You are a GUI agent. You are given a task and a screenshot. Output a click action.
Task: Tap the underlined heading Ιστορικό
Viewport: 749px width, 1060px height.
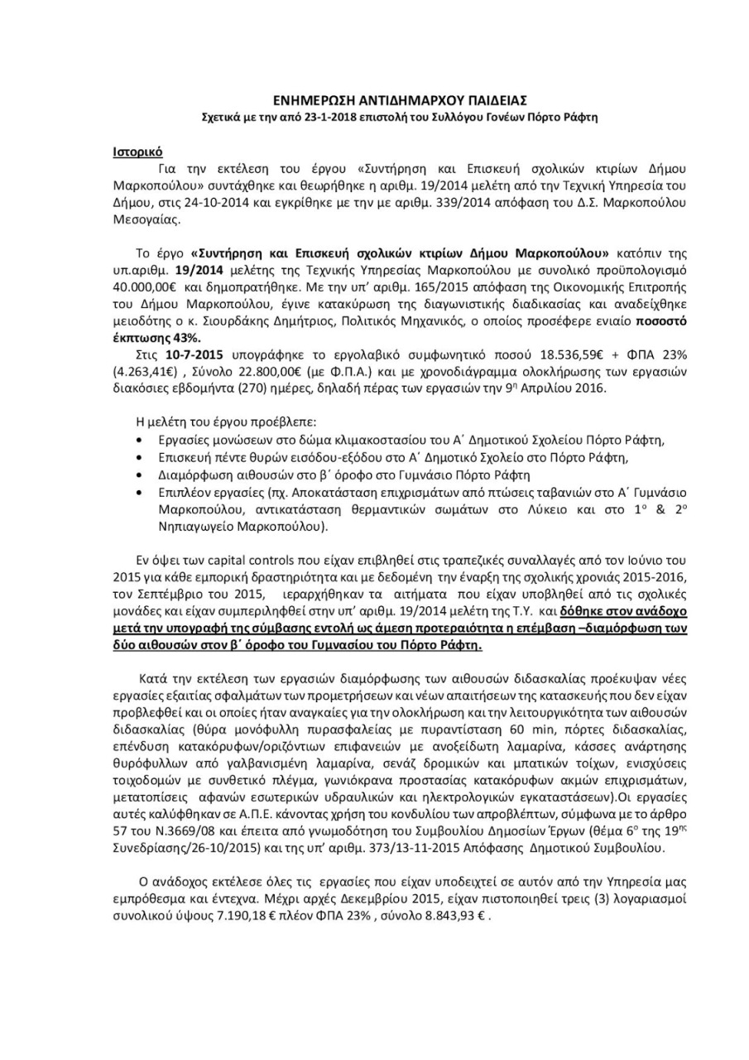pos(137,152)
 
